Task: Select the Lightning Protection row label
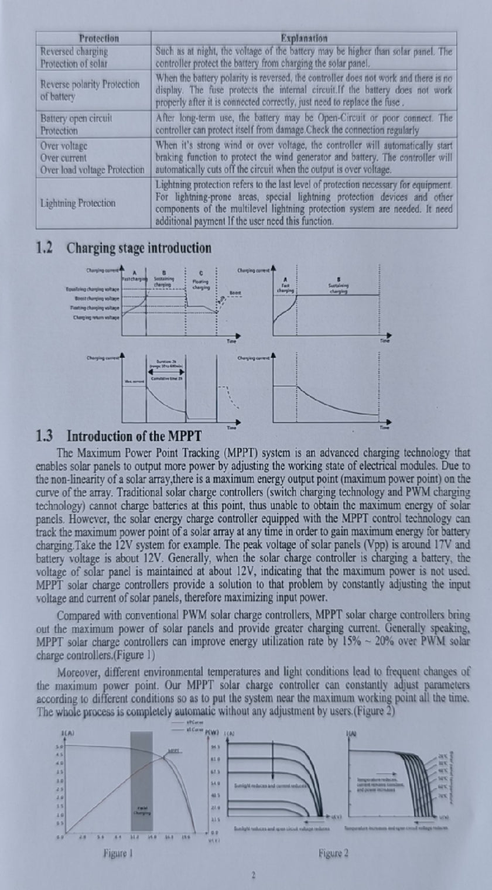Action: pyautogui.click(x=78, y=203)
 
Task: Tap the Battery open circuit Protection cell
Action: pyautogui.click(x=77, y=124)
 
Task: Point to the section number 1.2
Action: pyautogui.click(x=45, y=248)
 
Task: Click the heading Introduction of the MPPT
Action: pyautogui.click(x=134, y=436)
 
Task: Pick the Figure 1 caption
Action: pyautogui.click(x=116, y=854)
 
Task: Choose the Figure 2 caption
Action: pyautogui.click(x=334, y=854)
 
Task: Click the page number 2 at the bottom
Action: pyautogui.click(x=254, y=876)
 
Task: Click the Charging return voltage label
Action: pyautogui.click(x=96, y=317)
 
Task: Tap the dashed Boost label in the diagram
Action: pyautogui.click(x=234, y=292)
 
